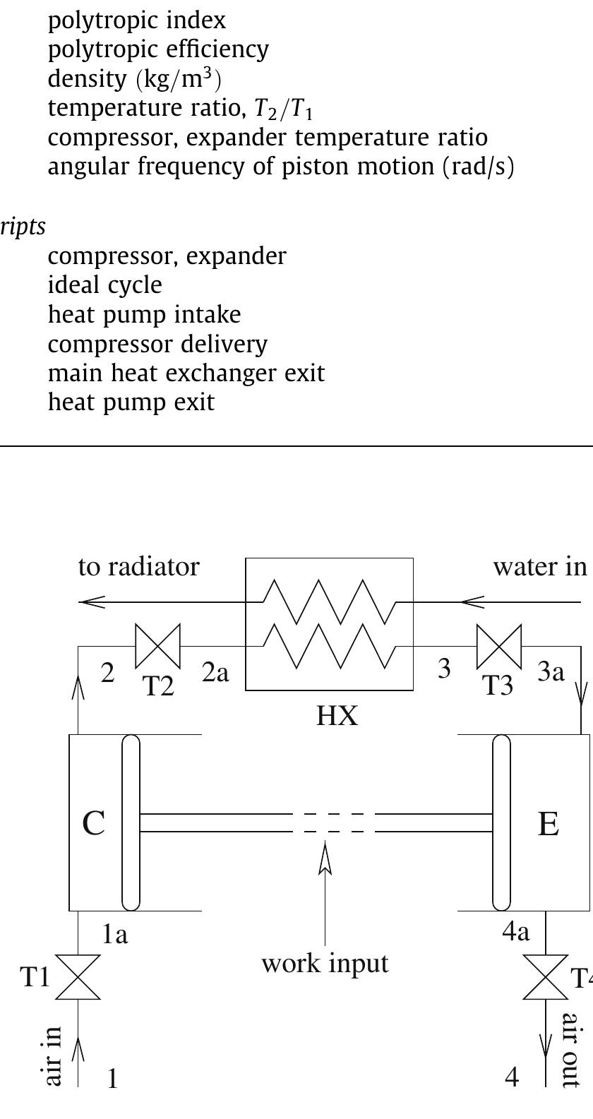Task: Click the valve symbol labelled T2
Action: coord(158,646)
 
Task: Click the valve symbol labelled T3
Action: coord(499,646)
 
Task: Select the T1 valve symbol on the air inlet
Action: coord(78,977)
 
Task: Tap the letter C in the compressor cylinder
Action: coord(94,823)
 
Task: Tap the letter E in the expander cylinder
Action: coord(549,823)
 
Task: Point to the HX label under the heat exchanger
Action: coord(337,716)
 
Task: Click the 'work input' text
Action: coord(325,963)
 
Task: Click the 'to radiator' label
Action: coord(139,566)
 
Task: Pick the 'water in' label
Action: coord(539,566)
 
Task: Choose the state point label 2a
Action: coord(216,673)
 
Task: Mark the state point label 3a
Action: coord(551,672)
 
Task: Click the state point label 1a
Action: coord(114,935)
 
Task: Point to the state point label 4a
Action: coord(516,933)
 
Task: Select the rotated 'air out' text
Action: coord(570,1059)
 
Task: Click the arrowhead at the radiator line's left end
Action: coord(92,602)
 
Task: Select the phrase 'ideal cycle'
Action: coord(104,285)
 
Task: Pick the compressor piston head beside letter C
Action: coord(131,822)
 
